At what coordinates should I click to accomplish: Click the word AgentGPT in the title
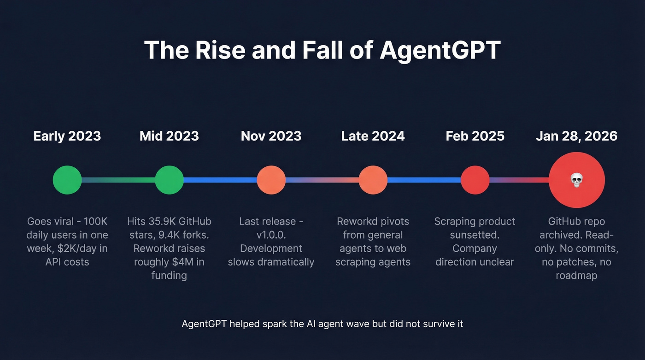tap(440, 50)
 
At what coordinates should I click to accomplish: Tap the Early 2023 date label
tap(67, 136)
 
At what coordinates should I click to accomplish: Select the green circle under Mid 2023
tap(169, 180)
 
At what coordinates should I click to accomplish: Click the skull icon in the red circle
tap(576, 180)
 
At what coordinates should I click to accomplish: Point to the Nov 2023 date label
tap(271, 136)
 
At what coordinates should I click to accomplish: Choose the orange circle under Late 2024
tap(373, 180)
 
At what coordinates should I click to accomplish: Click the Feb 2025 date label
tap(475, 136)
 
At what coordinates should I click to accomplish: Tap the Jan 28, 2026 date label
tap(576, 136)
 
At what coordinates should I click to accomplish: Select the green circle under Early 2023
tap(67, 180)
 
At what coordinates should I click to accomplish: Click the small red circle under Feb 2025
tap(475, 180)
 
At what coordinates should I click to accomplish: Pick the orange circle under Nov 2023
tap(271, 180)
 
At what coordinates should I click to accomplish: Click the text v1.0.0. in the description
tap(271, 235)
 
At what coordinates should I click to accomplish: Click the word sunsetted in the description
tap(475, 235)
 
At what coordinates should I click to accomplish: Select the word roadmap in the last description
tap(576, 276)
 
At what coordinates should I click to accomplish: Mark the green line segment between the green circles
tap(118, 180)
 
